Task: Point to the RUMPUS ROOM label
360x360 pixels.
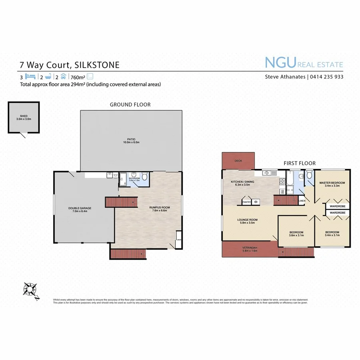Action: [148, 207]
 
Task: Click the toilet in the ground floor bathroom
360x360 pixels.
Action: [145, 176]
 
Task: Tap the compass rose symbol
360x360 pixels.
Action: [30, 289]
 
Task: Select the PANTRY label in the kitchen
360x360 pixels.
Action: [247, 202]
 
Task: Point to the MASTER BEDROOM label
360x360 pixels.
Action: [332, 183]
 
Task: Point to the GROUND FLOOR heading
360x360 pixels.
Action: [130, 105]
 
